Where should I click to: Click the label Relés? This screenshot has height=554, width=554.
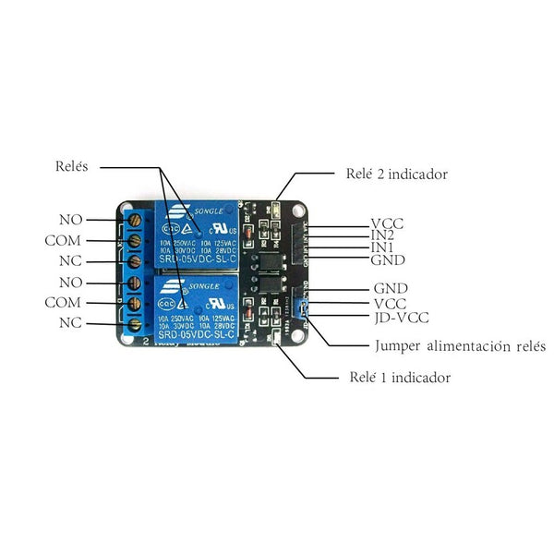(71, 167)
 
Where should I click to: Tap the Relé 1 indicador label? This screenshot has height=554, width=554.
(400, 378)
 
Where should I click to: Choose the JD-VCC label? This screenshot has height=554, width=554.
(401, 318)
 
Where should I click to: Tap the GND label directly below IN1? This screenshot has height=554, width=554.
(388, 260)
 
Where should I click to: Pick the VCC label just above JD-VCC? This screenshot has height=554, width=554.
(391, 303)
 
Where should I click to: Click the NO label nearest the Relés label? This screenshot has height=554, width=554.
(71, 220)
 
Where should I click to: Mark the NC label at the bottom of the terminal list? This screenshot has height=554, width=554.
(71, 322)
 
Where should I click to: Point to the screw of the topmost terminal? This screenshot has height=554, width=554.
(135, 221)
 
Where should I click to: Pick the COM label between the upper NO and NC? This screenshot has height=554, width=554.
(63, 240)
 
